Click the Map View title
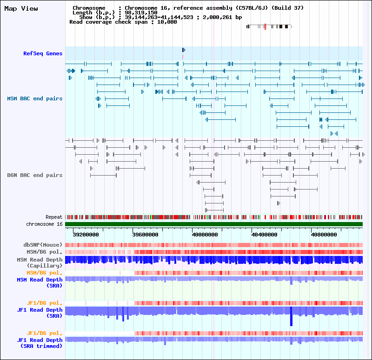pyautogui.click(x=21, y=8)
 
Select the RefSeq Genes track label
pyautogui.click(x=43, y=53)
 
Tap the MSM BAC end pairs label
pyautogui.click(x=35, y=98)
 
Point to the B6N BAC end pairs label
pyautogui.click(x=35, y=175)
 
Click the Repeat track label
pyautogui.click(x=54, y=217)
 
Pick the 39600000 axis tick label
pyautogui.click(x=147, y=235)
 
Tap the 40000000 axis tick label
pyautogui.click(x=205, y=235)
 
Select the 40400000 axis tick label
pyautogui.click(x=264, y=235)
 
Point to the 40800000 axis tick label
pyautogui.click(x=324, y=235)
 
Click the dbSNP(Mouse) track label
pyautogui.click(x=43, y=245)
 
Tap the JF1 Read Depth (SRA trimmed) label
pyautogui.click(x=40, y=343)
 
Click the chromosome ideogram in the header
pyautogui.click(x=269, y=26)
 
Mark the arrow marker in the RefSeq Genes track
pyautogui.click(x=184, y=50)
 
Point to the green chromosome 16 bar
pyautogui.click(x=213, y=224)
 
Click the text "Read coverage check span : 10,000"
pyautogui.click(x=123, y=22)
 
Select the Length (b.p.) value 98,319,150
pyautogui.click(x=144, y=13)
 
